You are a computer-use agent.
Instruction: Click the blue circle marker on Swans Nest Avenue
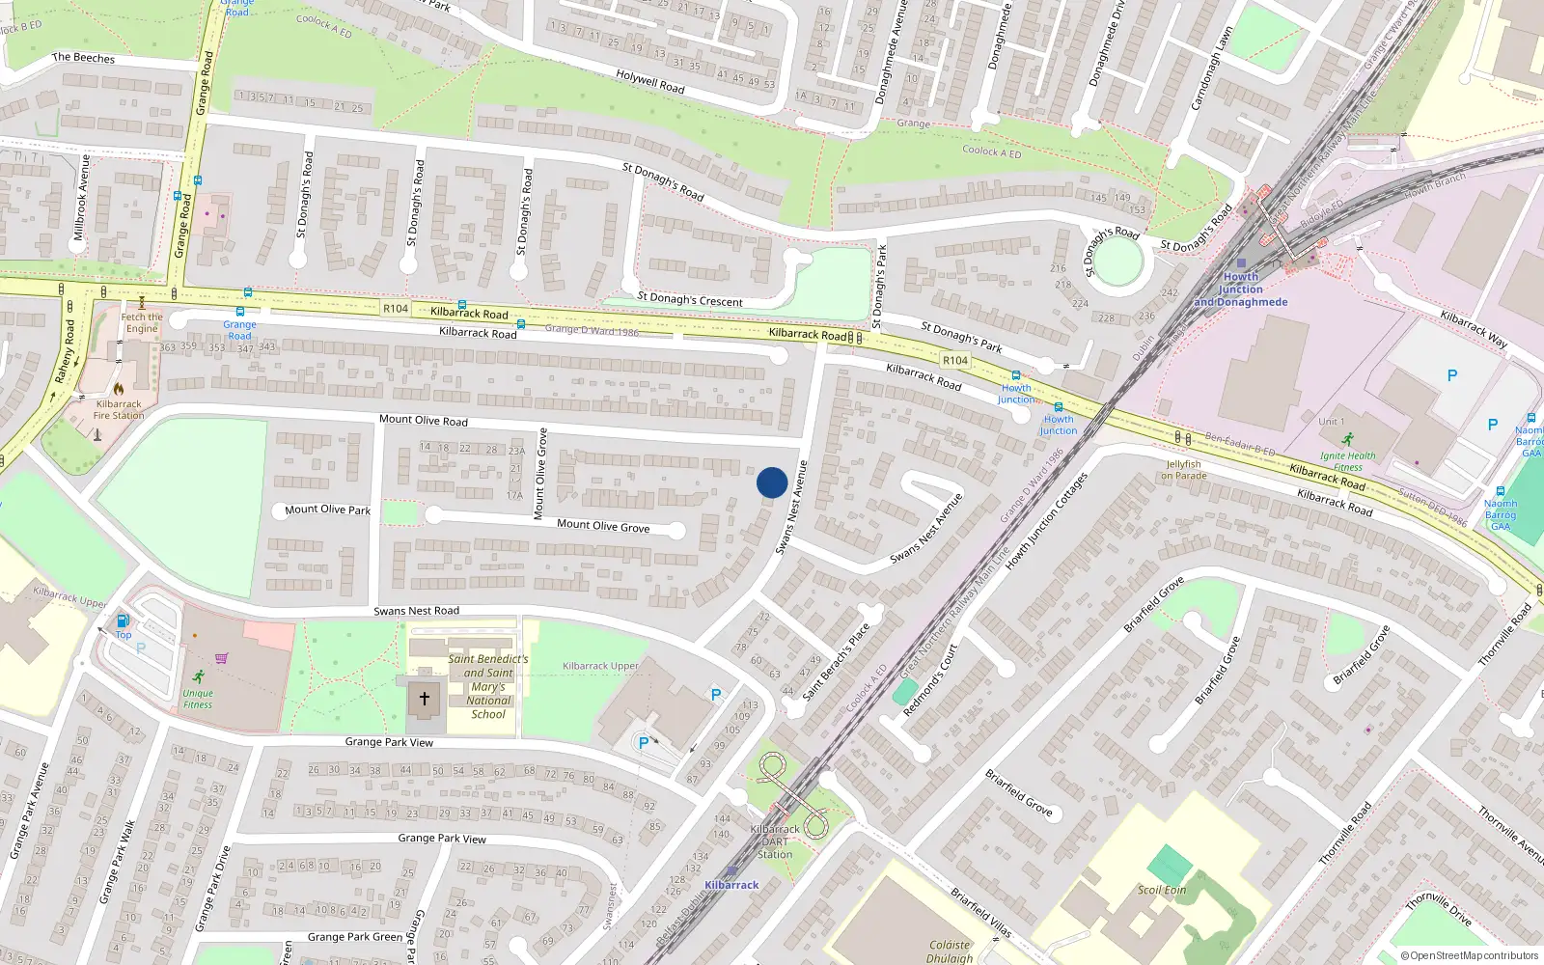tap(771, 482)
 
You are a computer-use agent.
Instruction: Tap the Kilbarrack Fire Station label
tap(119, 410)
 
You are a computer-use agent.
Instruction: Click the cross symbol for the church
tap(425, 698)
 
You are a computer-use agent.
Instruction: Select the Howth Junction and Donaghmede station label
tap(1240, 289)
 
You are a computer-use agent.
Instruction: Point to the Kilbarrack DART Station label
tap(775, 841)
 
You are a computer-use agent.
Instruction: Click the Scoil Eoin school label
tap(1161, 890)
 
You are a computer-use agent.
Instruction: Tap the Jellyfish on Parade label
tap(1184, 470)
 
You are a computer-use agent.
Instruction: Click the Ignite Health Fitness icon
tap(1347, 439)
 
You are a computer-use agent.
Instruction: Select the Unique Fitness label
tap(198, 699)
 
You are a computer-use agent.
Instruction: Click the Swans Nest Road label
tap(416, 611)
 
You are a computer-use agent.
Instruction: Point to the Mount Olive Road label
tap(423, 420)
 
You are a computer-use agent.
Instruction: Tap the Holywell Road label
tap(650, 81)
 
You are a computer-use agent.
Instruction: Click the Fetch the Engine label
tap(142, 322)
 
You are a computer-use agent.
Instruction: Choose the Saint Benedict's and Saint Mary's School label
tap(488, 686)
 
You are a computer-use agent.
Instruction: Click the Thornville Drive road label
tap(1438, 909)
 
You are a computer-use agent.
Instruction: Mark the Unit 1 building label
tap(1331, 422)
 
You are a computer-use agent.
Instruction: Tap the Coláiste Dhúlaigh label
tap(950, 951)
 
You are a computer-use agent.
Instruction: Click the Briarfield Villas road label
tap(980, 913)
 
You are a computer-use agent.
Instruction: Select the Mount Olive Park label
tap(327, 510)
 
